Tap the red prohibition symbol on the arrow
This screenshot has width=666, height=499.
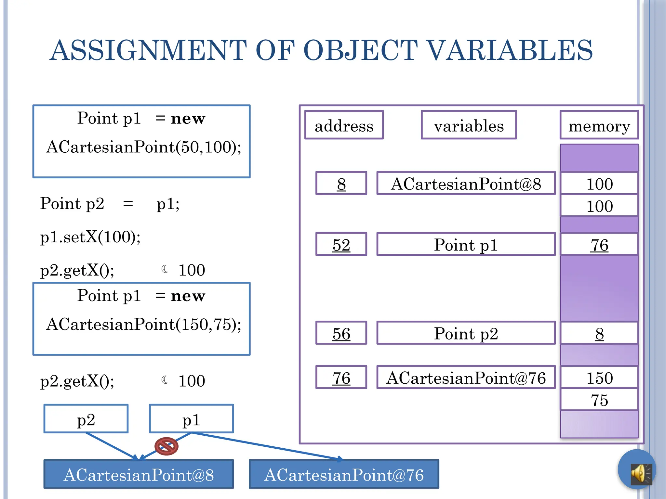pos(166,446)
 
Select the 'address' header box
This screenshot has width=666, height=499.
pos(344,125)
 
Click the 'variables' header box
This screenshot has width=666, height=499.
pos(469,125)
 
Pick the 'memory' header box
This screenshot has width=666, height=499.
pos(599,125)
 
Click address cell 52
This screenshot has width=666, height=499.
pos(341,244)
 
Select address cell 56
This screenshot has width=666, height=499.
pos(341,333)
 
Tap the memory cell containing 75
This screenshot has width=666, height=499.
pos(599,400)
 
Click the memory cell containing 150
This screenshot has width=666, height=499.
pos(599,377)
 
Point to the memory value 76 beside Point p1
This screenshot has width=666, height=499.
pos(599,244)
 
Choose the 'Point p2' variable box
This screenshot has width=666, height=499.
pos(466,333)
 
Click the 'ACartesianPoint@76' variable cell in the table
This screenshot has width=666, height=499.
pos(466,377)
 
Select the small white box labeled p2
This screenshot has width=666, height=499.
pos(86,419)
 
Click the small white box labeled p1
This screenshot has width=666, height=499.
pos(191,419)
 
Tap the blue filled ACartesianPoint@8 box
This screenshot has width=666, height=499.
pos(139,474)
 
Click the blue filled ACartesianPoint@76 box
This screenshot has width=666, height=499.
pos(344,474)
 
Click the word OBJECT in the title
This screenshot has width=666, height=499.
pos(360,50)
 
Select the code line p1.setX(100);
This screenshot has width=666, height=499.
pos(90,237)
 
